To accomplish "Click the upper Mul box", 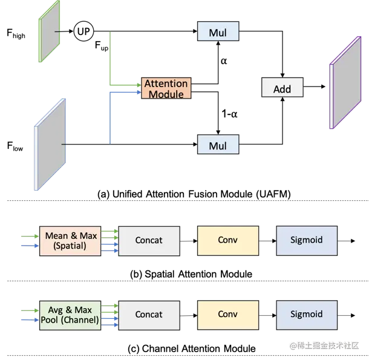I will point(218,32).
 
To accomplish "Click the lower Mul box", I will point(218,146).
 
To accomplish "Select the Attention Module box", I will point(166,88).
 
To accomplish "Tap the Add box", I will point(282,89).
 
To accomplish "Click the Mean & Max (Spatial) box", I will point(70,240).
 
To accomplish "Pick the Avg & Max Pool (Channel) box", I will point(70,315).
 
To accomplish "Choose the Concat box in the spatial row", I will point(149,240).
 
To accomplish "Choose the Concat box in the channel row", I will point(149,315).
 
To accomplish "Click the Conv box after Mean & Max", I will point(228,240).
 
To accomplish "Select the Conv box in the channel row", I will point(228,315).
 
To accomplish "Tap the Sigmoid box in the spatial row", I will point(307,240).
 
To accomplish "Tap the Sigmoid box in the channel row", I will point(307,315).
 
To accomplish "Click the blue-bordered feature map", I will point(51,145).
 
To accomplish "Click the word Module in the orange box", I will point(166,94).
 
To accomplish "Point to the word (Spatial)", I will point(70,246).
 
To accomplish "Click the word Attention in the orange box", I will point(166,83).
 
